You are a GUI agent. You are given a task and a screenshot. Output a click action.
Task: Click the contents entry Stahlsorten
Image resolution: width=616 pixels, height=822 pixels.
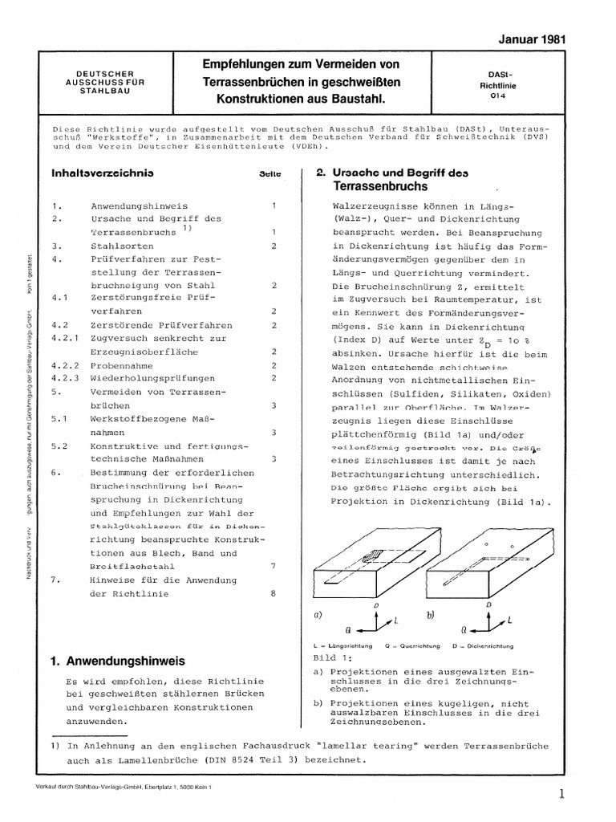(x=118, y=246)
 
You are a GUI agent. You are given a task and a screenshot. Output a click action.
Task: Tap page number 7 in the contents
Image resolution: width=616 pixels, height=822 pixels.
(x=274, y=566)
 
